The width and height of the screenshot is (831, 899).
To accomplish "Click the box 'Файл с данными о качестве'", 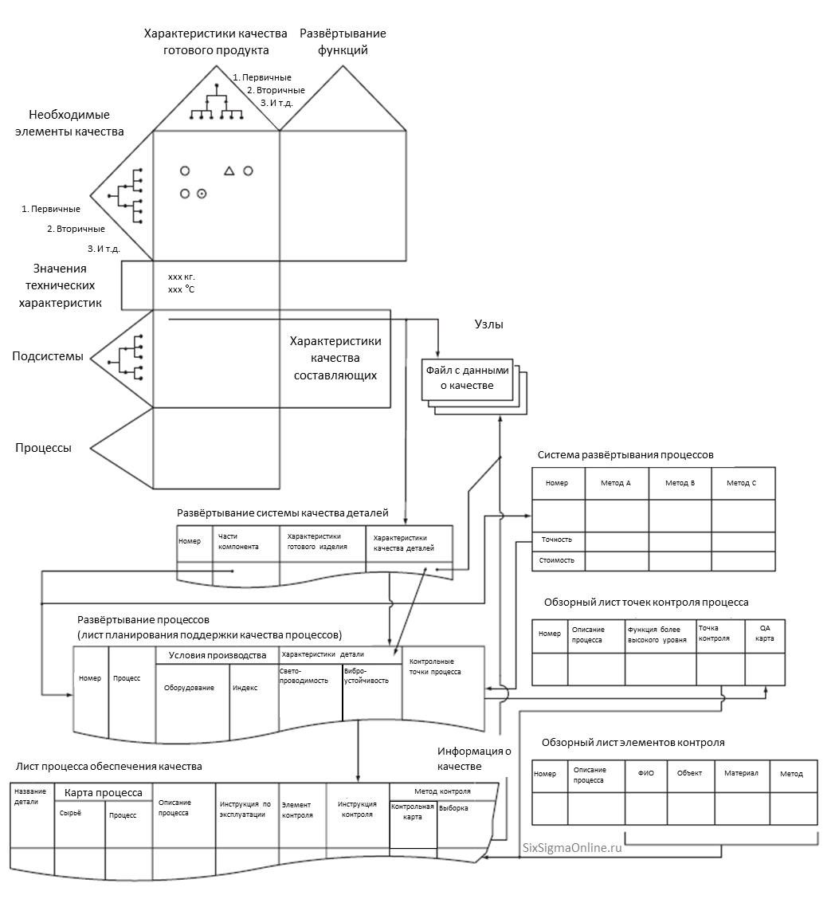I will click(468, 378).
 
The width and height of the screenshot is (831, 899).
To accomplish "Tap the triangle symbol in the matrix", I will click(229, 171).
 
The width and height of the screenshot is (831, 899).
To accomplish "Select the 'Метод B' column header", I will click(680, 483).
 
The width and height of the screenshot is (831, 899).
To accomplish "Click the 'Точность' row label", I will click(557, 540).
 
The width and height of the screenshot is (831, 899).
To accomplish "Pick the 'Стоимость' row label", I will click(558, 560).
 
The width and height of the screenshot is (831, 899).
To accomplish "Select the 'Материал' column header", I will click(741, 773).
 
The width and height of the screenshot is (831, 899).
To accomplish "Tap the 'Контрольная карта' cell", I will click(413, 811).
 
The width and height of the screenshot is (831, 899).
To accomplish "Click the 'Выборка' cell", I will click(455, 807).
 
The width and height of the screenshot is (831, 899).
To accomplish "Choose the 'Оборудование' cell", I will click(189, 688).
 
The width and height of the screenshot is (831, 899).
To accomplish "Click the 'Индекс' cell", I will click(245, 688).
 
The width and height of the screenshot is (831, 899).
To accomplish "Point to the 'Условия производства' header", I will click(217, 655).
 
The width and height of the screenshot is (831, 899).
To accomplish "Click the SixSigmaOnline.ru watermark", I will click(571, 848).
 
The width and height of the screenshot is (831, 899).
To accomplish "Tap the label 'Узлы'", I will click(488, 324).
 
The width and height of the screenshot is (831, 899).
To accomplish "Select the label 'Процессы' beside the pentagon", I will click(43, 448).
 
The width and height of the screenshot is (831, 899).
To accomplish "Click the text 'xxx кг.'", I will click(182, 277).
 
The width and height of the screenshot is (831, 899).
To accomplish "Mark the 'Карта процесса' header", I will click(104, 792).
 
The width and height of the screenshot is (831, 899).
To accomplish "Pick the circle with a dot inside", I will click(202, 193).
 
